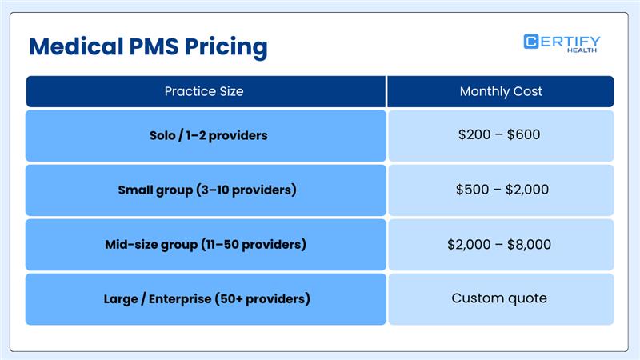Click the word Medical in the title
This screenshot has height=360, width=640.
pyautogui.click(x=71, y=46)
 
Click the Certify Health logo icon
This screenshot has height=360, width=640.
pyautogui.click(x=531, y=42)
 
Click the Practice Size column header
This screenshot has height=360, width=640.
pyautogui.click(x=204, y=91)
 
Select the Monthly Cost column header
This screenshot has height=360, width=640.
pyautogui.click(x=501, y=91)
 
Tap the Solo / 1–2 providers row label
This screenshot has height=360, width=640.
pyautogui.click(x=208, y=135)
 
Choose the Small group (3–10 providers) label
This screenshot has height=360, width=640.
pyautogui.click(x=206, y=190)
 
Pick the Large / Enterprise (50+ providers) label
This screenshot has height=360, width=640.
pyautogui.click(x=206, y=299)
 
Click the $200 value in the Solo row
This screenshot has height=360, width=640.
pyautogui.click(x=474, y=134)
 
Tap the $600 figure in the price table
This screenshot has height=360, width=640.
pyautogui.click(x=524, y=134)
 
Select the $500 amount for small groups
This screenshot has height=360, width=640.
pyautogui.click(x=471, y=190)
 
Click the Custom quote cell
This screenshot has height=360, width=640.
pyautogui.click(x=499, y=298)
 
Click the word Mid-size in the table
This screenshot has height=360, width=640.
pyautogui.click(x=132, y=244)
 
